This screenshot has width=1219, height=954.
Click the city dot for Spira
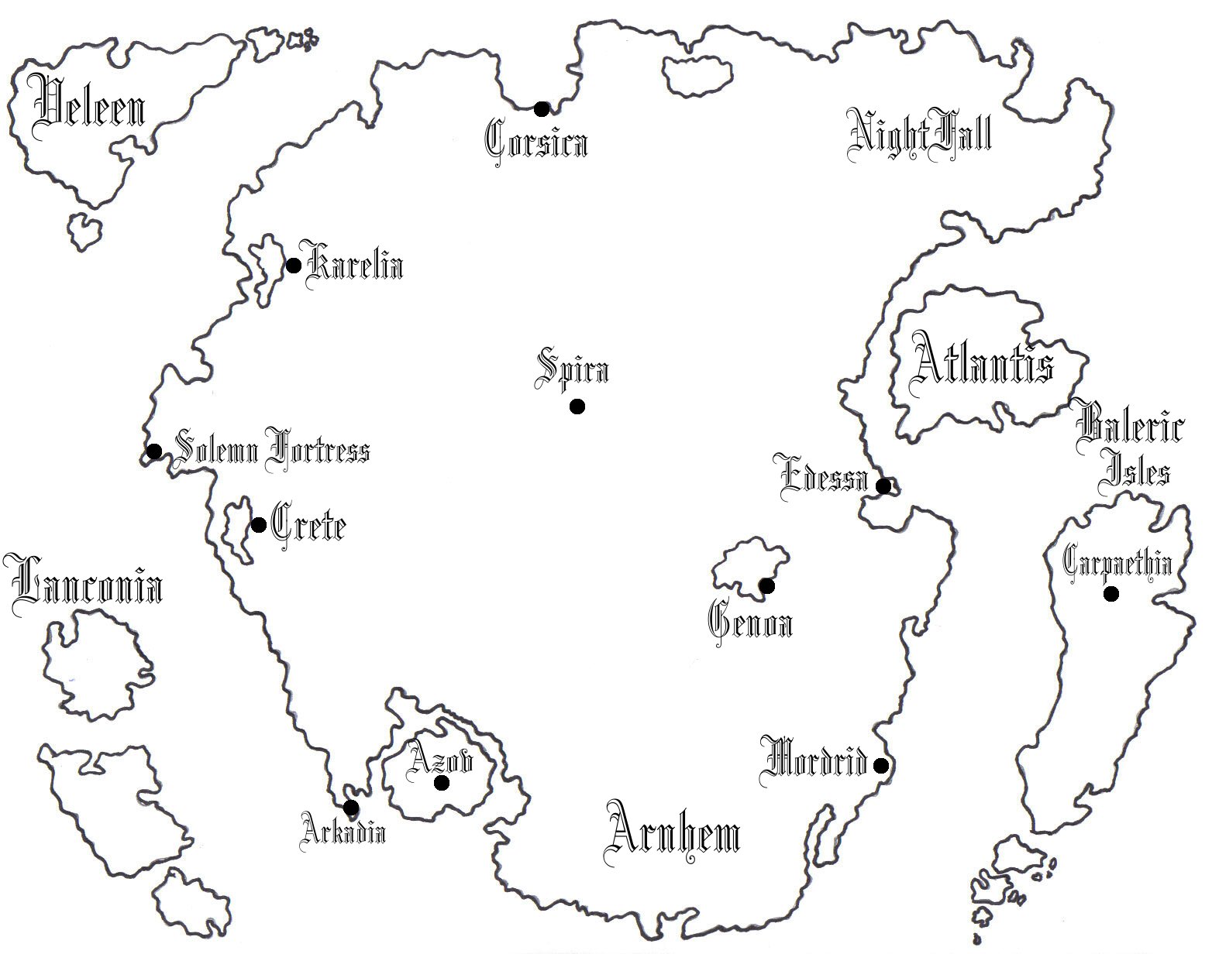577,407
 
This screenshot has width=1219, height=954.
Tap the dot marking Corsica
542,109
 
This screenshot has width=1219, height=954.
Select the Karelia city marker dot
294,266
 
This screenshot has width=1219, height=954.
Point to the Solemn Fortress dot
154,451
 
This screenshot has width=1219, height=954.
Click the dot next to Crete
259,525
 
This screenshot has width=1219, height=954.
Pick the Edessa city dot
883,486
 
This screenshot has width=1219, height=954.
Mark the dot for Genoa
766,585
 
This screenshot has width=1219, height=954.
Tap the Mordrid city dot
880,766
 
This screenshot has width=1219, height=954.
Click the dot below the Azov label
442,783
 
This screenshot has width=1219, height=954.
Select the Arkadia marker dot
351,808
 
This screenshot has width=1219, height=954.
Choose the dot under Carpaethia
1111,594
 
